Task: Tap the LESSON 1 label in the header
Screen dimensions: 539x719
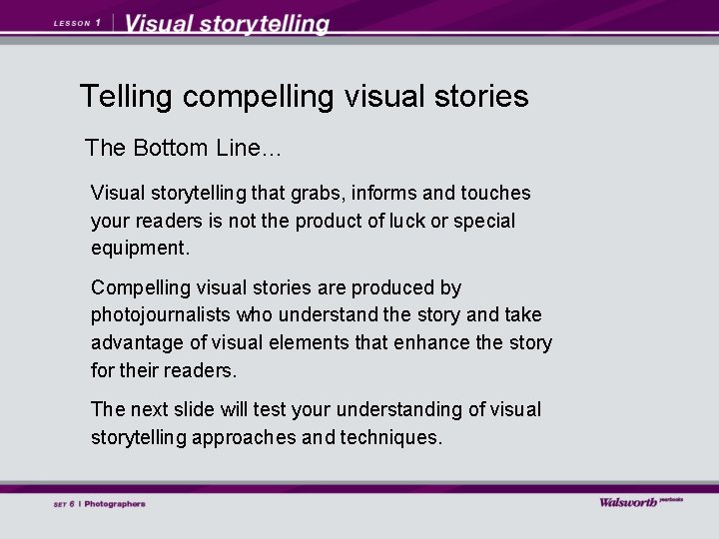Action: [77, 23]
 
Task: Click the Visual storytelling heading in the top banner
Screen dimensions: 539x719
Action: [228, 24]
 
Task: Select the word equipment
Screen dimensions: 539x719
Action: [139, 249]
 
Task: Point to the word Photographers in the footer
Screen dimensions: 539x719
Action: [115, 504]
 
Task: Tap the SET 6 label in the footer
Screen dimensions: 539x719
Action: [64, 504]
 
